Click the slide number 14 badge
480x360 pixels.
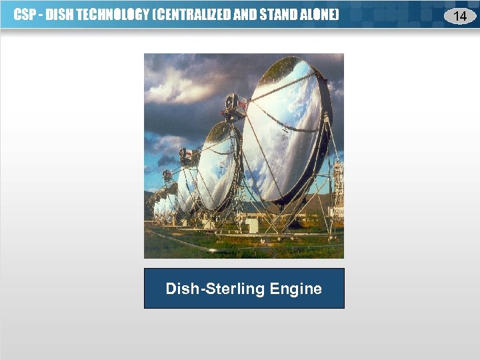click(459, 15)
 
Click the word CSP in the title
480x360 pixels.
click(25, 15)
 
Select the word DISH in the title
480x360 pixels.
click(59, 15)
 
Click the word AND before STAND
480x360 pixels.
click(245, 15)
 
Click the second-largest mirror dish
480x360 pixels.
click(220, 167)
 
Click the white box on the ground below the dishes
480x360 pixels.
click(251, 226)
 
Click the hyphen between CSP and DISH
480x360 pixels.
click(40, 15)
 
